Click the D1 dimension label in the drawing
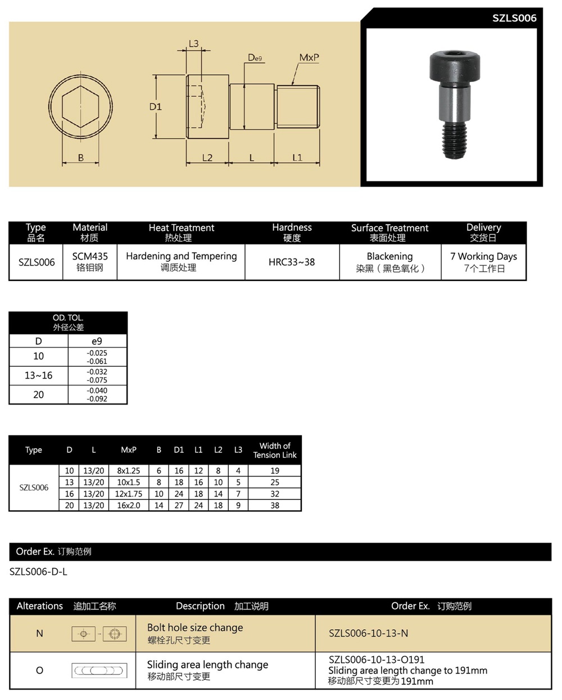[155, 106]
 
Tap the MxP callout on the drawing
[309, 58]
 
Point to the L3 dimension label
[193, 44]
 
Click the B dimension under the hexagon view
[80, 158]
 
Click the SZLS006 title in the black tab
[514, 18]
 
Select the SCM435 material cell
[90, 261]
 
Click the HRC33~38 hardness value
[292, 262]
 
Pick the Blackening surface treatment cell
[390, 262]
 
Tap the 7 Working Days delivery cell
[483, 262]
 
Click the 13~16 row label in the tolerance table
[38, 375]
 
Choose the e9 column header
[97, 341]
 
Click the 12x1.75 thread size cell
[129, 494]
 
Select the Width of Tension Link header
[274, 450]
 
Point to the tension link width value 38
[274, 505]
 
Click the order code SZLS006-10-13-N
[368, 633]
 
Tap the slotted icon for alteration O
[99, 670]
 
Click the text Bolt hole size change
[195, 628]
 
